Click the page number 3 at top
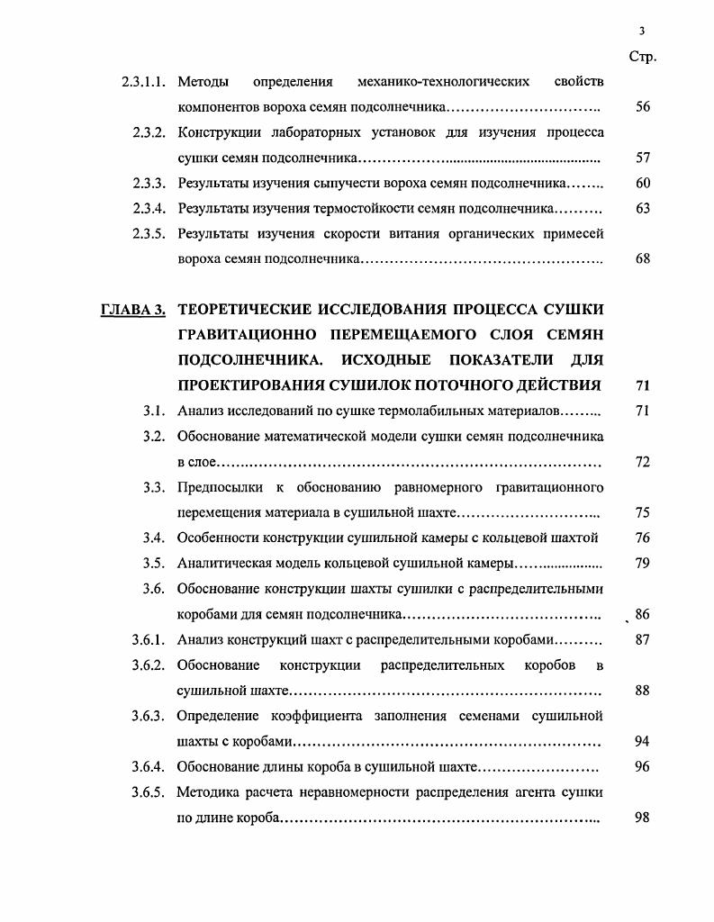click(642, 30)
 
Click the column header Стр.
click(642, 57)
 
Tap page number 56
click(642, 107)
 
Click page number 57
click(642, 158)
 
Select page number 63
click(642, 208)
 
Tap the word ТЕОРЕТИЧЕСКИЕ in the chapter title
click(249, 311)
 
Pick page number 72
click(642, 462)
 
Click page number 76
click(642, 538)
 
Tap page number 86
click(642, 615)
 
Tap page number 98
click(642, 818)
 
